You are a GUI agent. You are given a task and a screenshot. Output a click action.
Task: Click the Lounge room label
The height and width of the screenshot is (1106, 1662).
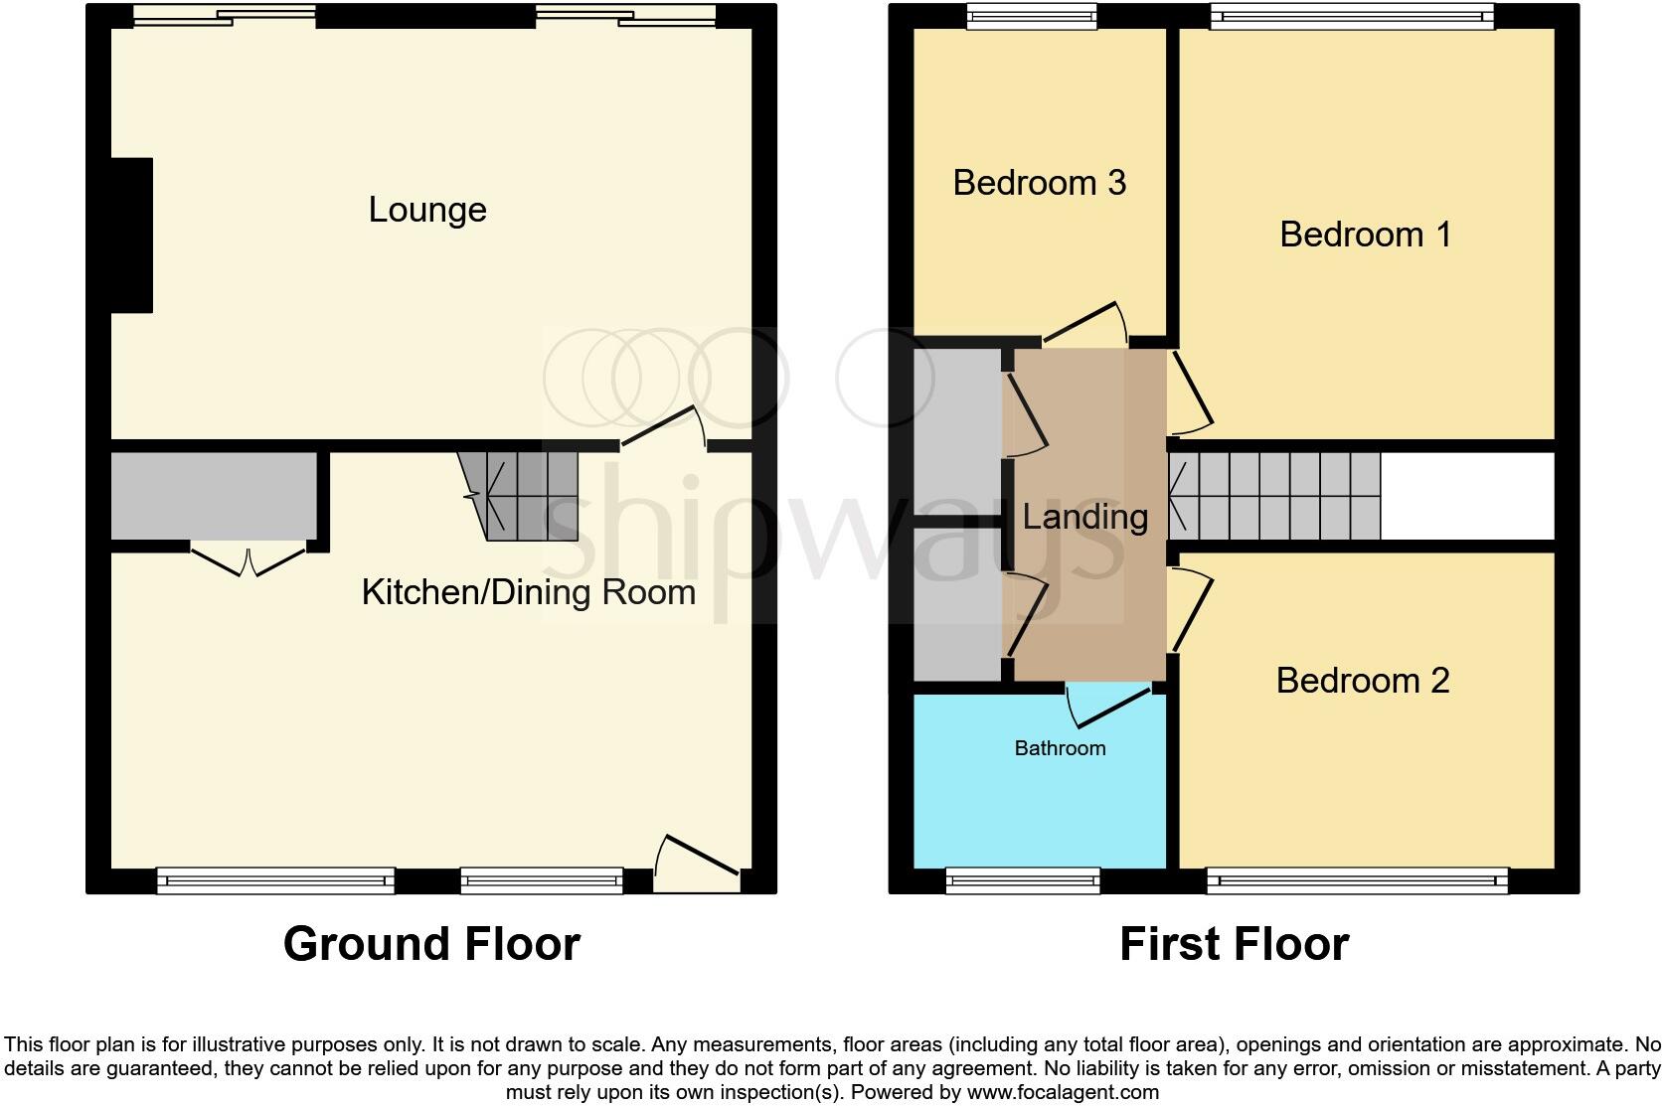427,210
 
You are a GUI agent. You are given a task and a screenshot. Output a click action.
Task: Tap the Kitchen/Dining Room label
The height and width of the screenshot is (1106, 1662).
528,592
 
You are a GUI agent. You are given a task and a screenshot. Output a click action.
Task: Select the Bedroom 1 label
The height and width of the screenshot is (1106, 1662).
1365,235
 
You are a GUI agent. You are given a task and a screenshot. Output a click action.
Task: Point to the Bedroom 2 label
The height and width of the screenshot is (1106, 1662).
1362,681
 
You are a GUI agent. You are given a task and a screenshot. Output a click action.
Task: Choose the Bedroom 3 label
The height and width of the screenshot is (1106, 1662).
1039,183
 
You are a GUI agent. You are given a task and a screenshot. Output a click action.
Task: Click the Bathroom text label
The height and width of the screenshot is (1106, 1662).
1060,748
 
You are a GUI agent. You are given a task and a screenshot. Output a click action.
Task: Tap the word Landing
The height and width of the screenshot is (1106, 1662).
1084,517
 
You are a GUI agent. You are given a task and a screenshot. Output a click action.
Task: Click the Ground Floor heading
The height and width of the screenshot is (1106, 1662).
431,943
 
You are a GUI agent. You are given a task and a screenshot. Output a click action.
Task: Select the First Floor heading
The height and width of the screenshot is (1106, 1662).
1234,943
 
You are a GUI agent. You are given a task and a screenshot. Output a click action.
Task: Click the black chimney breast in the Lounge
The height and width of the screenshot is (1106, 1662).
131,236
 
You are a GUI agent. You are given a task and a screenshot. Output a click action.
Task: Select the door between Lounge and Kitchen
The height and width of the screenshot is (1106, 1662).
664,427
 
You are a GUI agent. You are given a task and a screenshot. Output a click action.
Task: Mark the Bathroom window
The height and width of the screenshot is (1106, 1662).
1023,879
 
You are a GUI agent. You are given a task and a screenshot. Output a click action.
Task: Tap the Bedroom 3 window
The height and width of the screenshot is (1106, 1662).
1032,15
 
